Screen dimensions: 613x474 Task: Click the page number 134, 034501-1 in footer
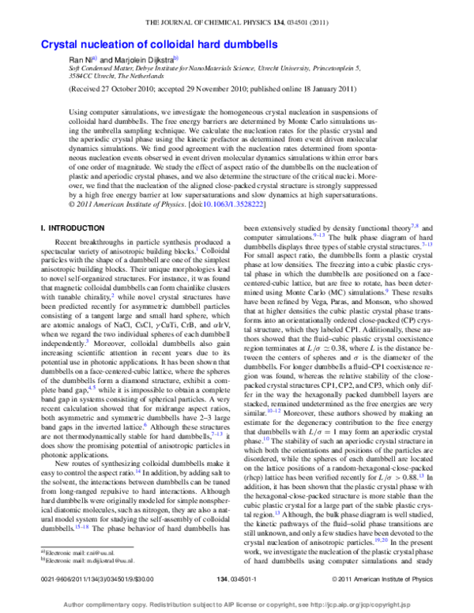237,580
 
